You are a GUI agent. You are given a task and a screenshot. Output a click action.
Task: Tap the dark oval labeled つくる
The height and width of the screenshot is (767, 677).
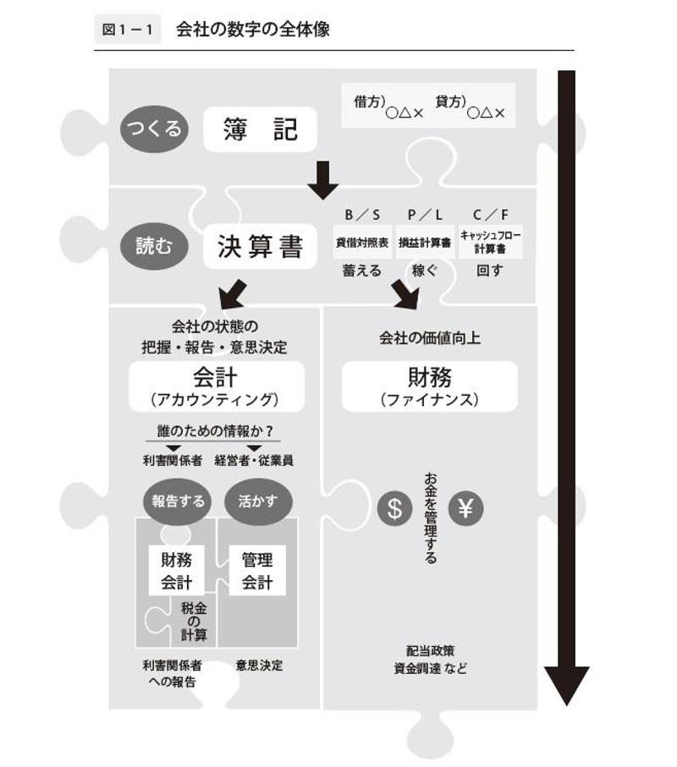154,129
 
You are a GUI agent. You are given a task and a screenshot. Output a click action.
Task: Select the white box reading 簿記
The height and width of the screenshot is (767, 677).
261,129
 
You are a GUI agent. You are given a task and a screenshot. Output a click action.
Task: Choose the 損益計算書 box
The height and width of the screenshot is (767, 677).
424,243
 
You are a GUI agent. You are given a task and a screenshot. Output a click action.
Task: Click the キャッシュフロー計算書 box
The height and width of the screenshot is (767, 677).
491,243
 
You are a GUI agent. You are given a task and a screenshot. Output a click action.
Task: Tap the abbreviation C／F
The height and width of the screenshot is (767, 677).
491,215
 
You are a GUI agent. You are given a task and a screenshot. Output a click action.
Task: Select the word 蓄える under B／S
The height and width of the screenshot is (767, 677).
361,271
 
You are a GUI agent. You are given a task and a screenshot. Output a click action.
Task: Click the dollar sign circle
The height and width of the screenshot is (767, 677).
394,509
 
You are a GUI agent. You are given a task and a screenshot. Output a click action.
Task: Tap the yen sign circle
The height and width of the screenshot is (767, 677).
466,509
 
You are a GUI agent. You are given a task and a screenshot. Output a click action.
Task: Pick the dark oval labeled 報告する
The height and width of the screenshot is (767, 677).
178,501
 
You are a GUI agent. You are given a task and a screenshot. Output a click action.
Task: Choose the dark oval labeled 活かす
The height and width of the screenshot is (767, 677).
258,501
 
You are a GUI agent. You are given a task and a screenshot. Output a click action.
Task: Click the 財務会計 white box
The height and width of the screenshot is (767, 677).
177,570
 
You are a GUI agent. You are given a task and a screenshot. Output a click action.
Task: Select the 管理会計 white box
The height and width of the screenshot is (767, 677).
257,570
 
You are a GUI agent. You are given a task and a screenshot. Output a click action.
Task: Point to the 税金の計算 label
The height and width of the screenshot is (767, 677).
194,622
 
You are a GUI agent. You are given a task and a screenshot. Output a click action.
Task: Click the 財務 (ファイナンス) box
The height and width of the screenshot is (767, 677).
429,386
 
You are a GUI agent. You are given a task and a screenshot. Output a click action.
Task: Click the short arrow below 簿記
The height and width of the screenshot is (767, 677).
322,180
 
